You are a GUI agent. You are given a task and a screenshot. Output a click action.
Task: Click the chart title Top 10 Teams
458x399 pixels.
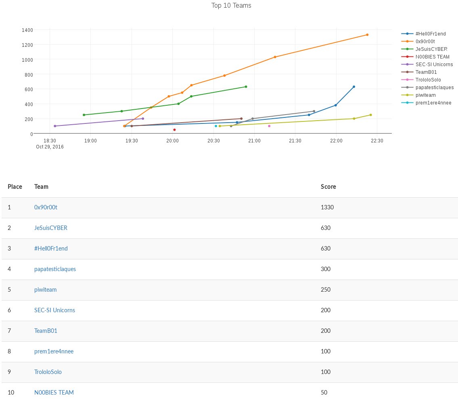point(231,6)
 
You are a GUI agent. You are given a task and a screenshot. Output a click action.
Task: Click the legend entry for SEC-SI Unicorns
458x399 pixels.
point(434,65)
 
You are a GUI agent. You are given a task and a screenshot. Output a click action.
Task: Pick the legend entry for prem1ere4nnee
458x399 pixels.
point(433,103)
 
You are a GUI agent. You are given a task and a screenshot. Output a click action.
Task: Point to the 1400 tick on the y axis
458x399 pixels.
point(28,30)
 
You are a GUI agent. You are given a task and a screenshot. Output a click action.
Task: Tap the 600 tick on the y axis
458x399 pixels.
point(29,89)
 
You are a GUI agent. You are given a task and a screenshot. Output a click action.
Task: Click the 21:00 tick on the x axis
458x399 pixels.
point(254,140)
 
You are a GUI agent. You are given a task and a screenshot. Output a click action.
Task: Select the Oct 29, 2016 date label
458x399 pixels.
point(50,147)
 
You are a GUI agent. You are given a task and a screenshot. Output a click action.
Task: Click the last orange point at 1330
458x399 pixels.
point(367,35)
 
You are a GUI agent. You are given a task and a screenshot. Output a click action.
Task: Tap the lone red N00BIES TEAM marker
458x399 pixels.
point(174,130)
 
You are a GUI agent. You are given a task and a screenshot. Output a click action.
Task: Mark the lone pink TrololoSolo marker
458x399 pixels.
point(269,126)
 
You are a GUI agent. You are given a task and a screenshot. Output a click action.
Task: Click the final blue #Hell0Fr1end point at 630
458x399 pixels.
point(354,87)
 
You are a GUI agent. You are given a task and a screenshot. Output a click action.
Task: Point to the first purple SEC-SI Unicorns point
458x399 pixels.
point(55,126)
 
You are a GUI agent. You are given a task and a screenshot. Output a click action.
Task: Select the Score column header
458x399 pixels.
point(328,187)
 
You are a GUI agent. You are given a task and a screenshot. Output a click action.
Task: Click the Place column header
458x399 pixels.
point(15,187)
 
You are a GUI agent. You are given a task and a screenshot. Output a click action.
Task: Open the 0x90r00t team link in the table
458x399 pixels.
point(49,207)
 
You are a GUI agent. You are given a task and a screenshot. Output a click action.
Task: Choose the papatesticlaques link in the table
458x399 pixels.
point(55,269)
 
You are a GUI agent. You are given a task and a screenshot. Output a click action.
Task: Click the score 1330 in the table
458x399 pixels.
point(327,207)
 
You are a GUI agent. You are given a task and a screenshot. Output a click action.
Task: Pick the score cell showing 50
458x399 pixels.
point(324,393)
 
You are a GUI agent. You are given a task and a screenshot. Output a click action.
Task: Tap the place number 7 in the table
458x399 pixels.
point(9,331)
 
